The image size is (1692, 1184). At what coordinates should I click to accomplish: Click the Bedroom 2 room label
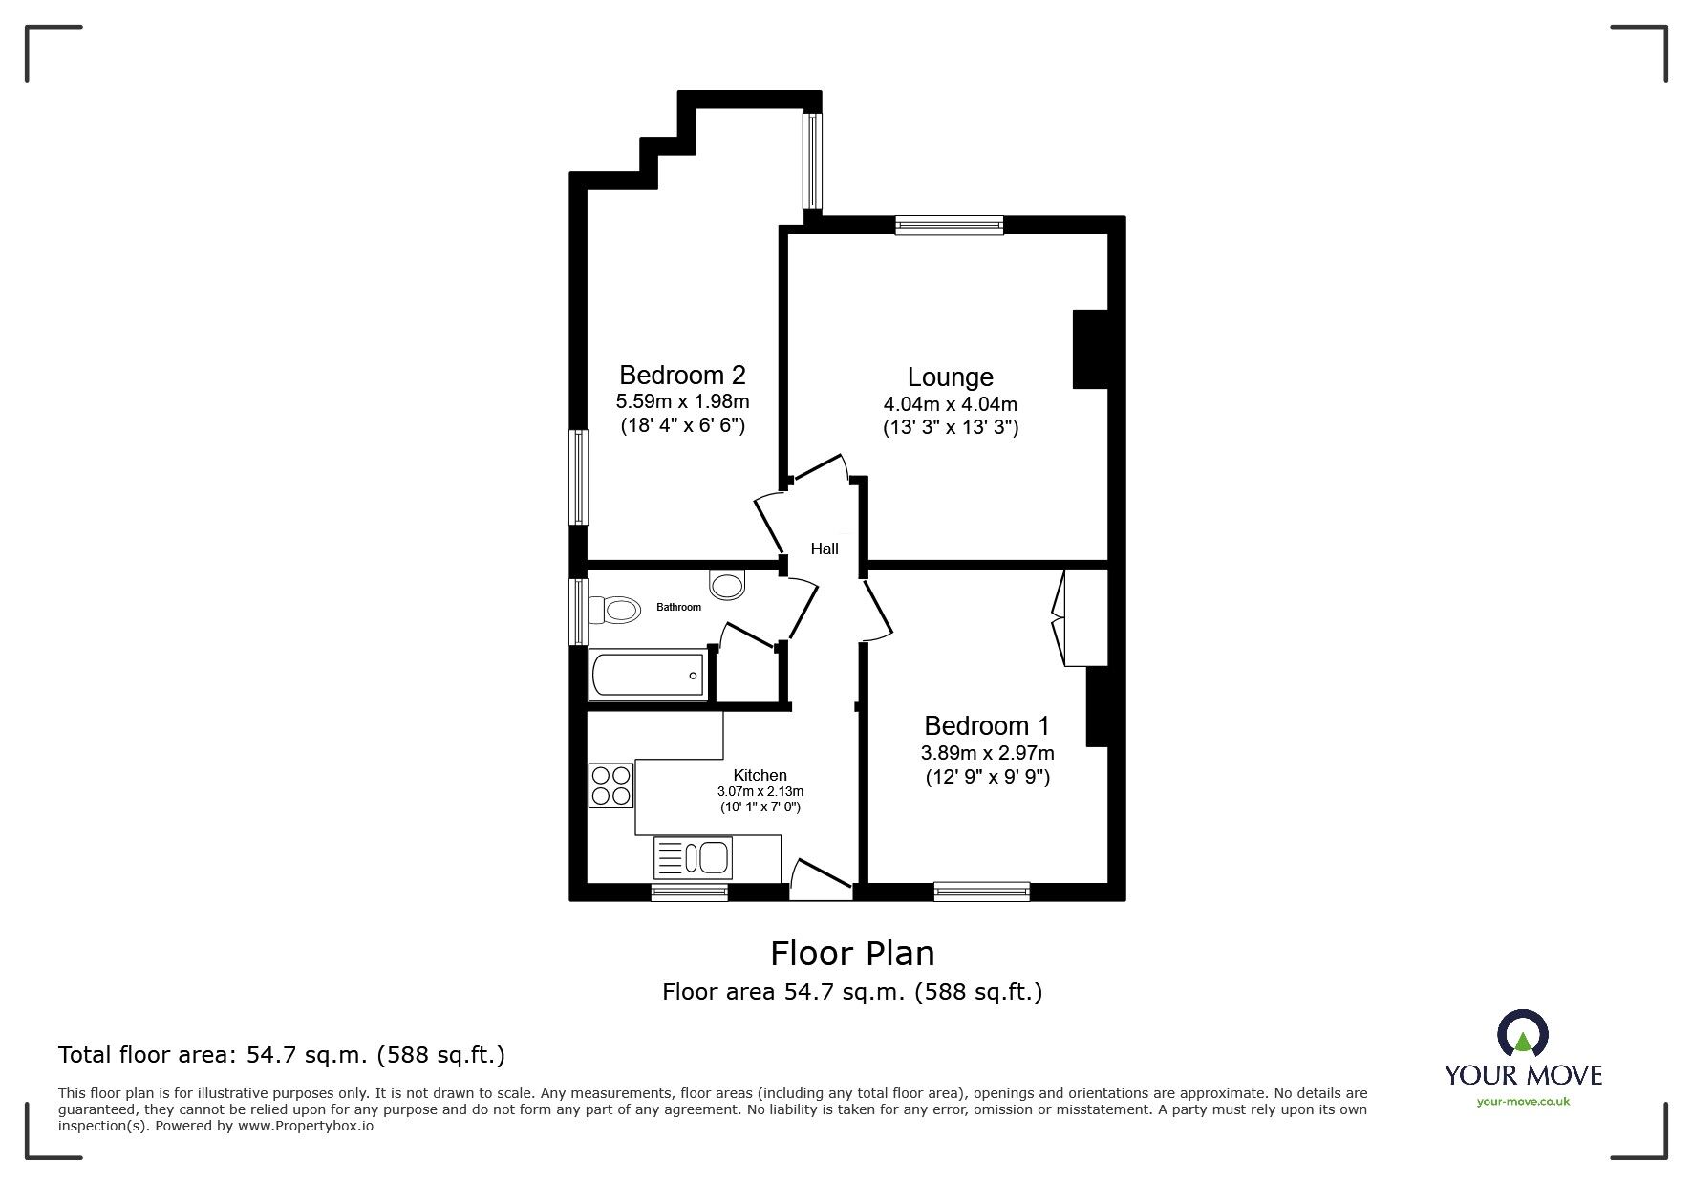point(682,375)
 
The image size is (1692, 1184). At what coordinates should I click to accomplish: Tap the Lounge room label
point(950,377)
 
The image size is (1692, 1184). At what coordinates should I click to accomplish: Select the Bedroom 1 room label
point(987,725)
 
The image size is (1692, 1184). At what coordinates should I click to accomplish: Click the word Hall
point(825,549)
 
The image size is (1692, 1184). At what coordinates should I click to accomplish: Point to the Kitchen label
point(760,775)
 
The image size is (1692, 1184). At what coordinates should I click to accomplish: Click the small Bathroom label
point(678,607)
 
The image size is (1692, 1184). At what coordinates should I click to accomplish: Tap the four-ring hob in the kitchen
point(610,785)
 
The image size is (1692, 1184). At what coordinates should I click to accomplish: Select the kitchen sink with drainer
point(693,857)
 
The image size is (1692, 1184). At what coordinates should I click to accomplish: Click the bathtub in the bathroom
point(649,675)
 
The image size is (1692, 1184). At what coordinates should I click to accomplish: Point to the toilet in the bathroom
point(614,609)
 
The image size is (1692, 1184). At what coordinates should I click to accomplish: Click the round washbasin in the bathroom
point(727,584)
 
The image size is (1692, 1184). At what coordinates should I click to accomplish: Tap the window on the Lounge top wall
point(949,225)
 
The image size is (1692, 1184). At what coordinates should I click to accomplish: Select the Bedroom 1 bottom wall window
point(981,891)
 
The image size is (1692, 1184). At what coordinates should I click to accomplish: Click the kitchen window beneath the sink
point(689,892)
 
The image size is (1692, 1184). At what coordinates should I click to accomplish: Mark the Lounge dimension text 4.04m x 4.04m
point(950,404)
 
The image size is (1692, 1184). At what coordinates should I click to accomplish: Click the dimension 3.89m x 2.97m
point(987,753)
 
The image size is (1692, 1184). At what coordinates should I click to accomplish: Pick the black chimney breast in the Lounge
point(1090,349)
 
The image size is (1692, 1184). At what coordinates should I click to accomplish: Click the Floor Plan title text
point(852,953)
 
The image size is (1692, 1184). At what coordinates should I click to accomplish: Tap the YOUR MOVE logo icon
point(1522,1035)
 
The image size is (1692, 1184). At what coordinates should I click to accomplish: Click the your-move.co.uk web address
point(1523,1101)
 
